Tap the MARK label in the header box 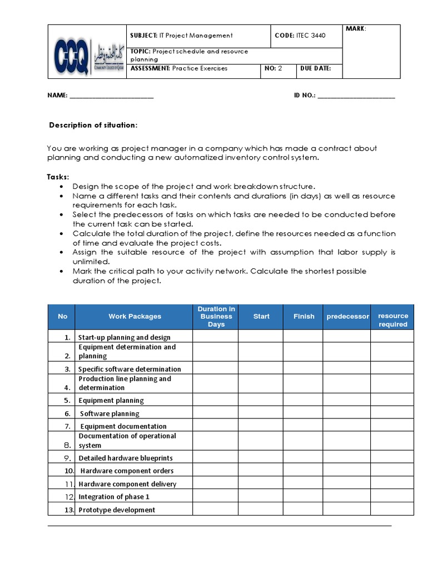tap(356, 28)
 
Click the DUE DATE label tap(315, 69)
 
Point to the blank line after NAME tap(111, 96)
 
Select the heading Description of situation tap(93, 125)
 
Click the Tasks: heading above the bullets tap(58, 177)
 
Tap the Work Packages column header tap(135, 317)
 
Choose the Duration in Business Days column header tap(216, 317)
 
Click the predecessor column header tap(347, 317)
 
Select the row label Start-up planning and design tap(124, 337)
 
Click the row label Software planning tap(110, 413)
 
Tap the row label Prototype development tap(117, 510)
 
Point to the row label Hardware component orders tap(127, 471)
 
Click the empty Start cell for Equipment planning tap(261, 400)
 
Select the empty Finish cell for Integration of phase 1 tap(303, 496)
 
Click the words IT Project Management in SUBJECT tap(196, 36)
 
